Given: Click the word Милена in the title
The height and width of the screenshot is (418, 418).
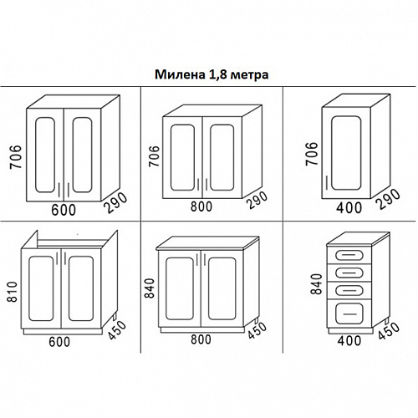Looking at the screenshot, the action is click(x=180, y=74).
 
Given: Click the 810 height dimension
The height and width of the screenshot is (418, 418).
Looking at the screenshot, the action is click(x=13, y=292).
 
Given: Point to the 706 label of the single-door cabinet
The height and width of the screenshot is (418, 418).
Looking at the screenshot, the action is click(x=312, y=154).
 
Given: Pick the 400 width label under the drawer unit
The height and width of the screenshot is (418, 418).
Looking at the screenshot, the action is click(x=349, y=340).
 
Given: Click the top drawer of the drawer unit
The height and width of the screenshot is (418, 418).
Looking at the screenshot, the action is click(x=349, y=254).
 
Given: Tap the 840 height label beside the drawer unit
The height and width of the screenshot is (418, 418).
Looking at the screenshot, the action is click(x=317, y=284).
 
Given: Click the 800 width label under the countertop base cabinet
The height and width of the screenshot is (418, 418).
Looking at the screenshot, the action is click(x=201, y=339).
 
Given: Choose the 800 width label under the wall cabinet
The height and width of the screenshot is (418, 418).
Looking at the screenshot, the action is click(x=201, y=206).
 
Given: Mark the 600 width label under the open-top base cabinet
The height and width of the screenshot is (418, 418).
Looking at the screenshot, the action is click(x=59, y=342).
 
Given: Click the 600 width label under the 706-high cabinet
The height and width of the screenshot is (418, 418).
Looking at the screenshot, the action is click(x=64, y=210).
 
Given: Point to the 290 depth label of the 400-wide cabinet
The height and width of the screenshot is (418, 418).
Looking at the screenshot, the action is click(x=388, y=199).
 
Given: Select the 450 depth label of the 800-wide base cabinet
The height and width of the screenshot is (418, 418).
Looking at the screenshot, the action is click(x=257, y=330).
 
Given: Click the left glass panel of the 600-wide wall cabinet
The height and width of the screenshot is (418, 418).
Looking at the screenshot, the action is click(x=45, y=155).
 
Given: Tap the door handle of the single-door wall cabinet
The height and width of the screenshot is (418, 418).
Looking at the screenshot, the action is click(x=327, y=183).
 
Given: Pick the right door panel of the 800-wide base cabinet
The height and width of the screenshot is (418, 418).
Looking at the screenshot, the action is click(x=222, y=288).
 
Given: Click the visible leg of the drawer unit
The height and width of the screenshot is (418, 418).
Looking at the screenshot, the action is click(x=387, y=321).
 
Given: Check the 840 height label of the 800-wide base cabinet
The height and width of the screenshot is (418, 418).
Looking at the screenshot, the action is click(x=150, y=288).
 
